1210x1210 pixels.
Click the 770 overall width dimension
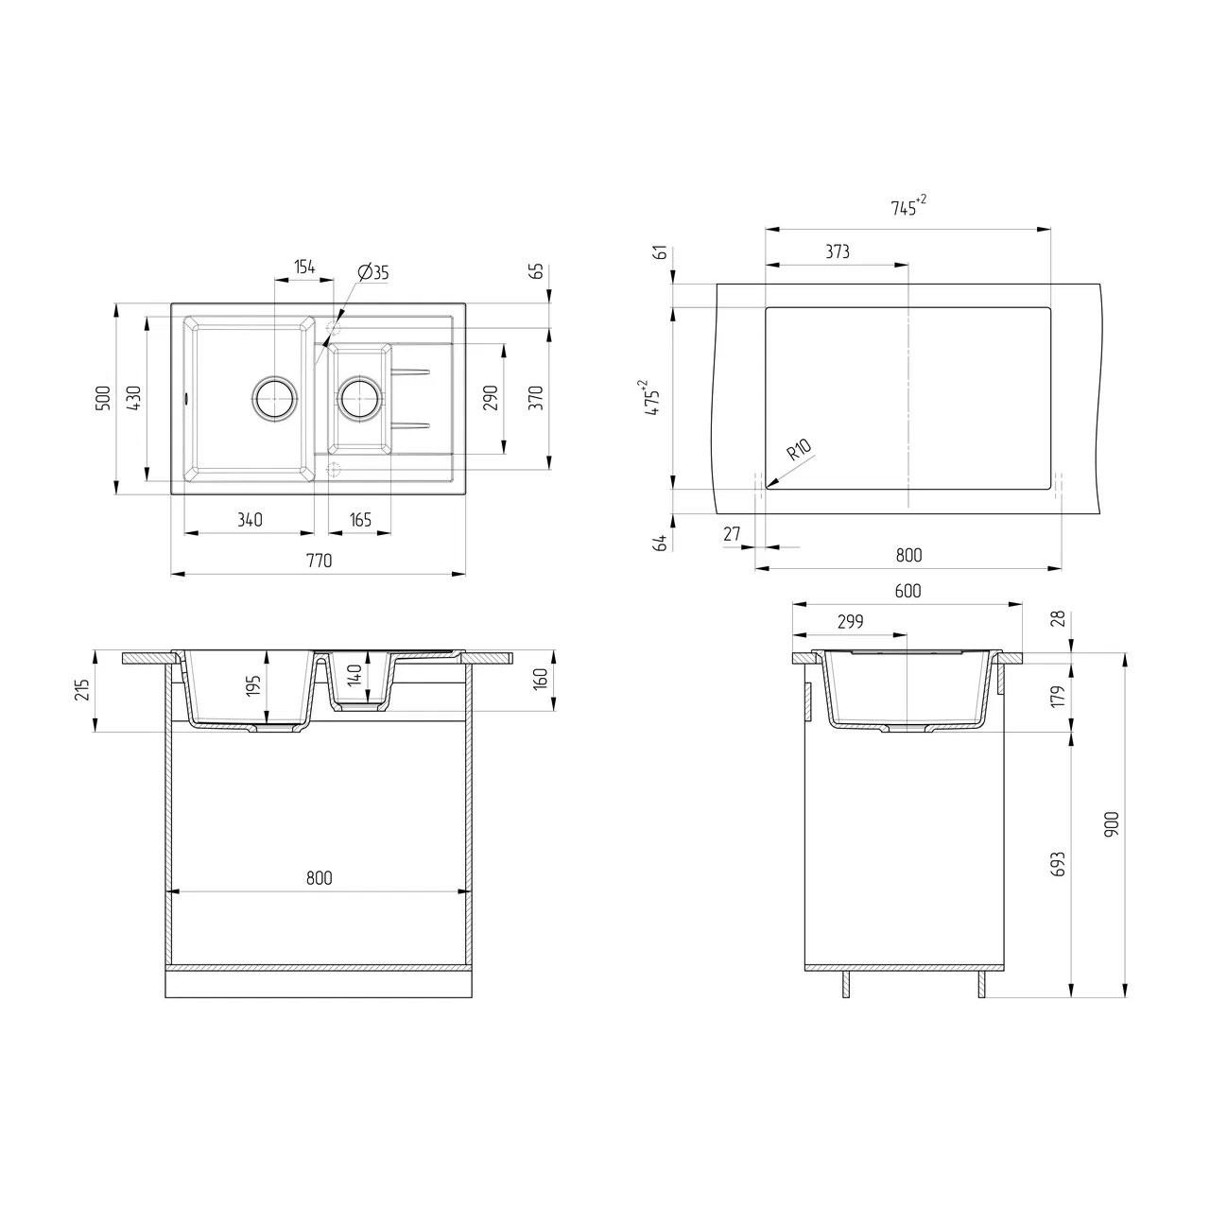click(319, 561)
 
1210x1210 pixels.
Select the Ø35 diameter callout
click(373, 272)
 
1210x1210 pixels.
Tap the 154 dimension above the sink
click(304, 267)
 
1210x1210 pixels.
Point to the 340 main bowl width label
click(250, 520)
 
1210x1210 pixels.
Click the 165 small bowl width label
click(360, 520)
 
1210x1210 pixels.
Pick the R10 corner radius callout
click(800, 450)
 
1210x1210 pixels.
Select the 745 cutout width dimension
click(908, 206)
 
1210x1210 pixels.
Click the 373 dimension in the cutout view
click(838, 251)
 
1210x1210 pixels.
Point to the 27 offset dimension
click(733, 534)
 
